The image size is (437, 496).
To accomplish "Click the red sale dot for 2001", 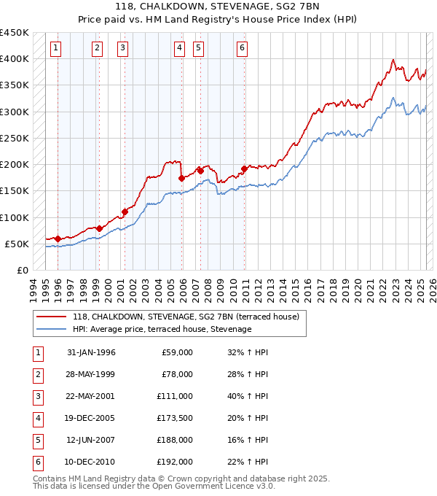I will [x=125, y=212].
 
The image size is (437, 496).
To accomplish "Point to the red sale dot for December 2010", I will [x=244, y=168].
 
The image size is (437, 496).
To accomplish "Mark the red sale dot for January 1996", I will [x=58, y=239].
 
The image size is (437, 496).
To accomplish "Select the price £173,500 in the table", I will [x=176, y=418].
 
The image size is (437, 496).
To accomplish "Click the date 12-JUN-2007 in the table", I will [x=90, y=440].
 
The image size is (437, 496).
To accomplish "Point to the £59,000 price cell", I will [x=178, y=352].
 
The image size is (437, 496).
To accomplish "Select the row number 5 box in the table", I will [x=38, y=440].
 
